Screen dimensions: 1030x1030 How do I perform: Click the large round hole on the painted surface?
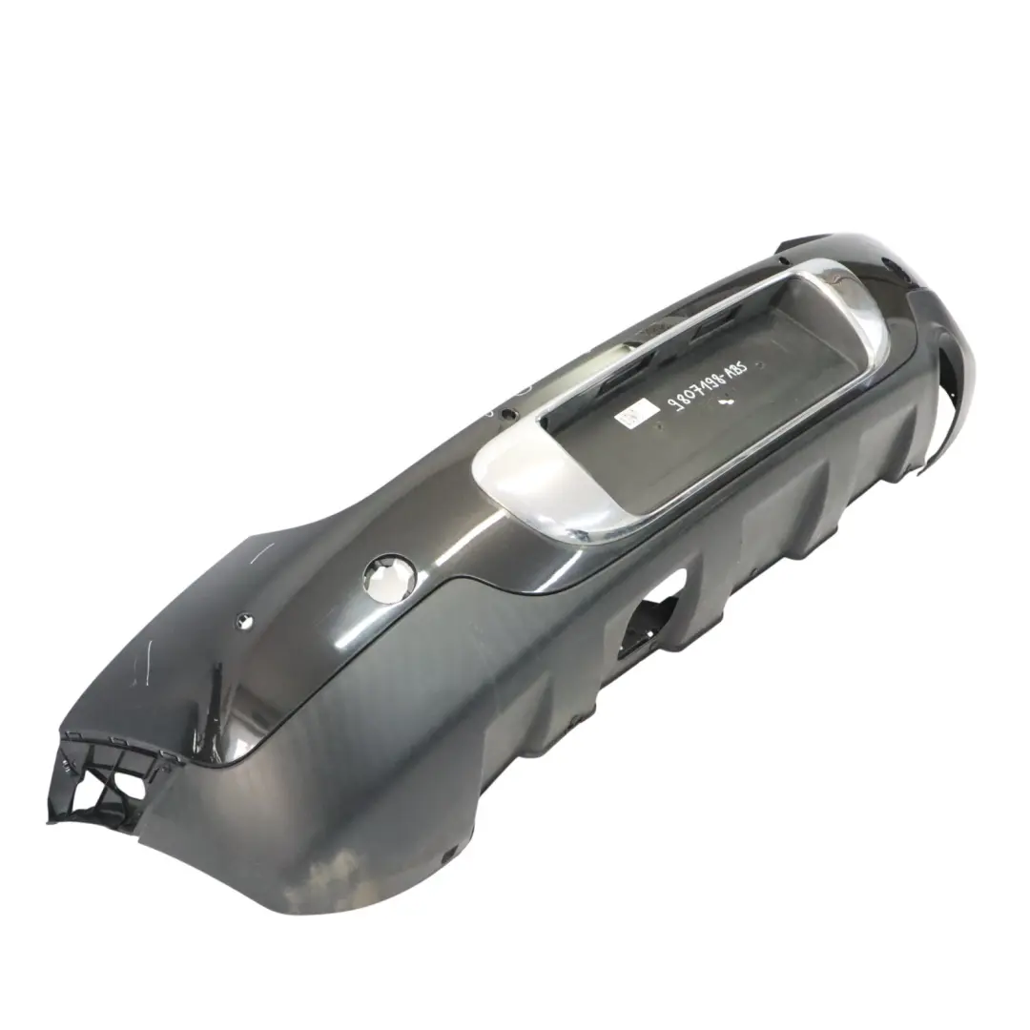click(388, 582)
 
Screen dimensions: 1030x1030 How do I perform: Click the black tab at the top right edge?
click(806, 245)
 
